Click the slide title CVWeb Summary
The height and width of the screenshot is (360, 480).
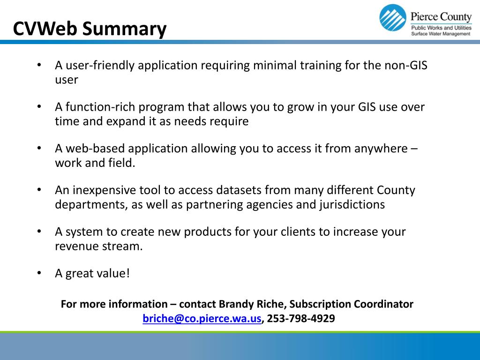[90, 29]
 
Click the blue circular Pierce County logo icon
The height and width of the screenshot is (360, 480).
[392, 18]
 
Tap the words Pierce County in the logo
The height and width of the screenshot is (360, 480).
[441, 17]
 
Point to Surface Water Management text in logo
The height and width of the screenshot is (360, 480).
[441, 34]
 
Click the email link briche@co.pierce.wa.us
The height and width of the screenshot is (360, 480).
[202, 319]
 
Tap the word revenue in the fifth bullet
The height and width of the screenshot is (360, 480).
[76, 246]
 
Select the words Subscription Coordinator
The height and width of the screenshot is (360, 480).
[354, 304]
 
